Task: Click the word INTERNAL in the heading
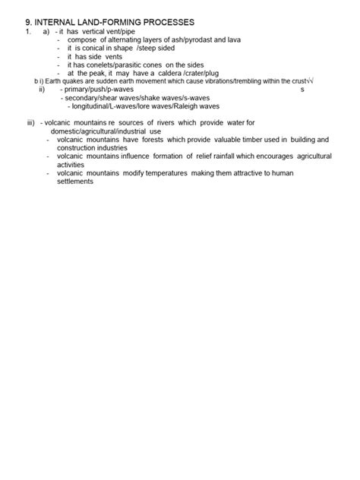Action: (57, 23)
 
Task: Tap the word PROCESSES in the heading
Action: (163, 23)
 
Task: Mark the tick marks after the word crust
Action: (311, 81)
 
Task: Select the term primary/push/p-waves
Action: (96, 90)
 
